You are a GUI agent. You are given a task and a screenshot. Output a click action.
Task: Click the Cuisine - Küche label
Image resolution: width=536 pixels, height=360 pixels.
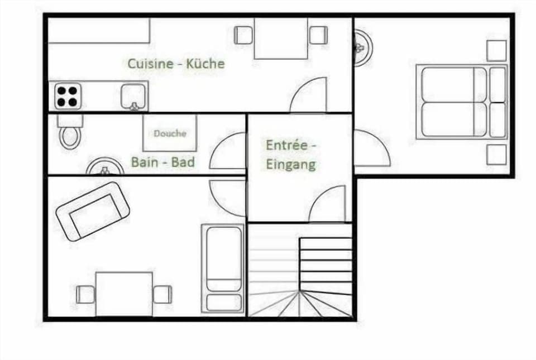pos(176,64)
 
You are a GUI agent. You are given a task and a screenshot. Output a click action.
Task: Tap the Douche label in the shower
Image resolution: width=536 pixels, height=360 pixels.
pos(170,133)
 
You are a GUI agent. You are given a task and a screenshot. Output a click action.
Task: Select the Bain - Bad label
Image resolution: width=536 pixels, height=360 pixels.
pos(162,162)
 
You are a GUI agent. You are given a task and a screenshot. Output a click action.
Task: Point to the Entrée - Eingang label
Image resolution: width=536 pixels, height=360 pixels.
pos(291,155)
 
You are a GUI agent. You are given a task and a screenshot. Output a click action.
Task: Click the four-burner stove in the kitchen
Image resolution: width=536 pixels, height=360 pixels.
pos(67,96)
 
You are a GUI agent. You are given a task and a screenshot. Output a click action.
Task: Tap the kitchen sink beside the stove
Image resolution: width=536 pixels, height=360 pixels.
pos(134,97)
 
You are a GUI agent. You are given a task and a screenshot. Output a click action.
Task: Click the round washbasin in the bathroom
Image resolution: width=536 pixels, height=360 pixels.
pos(104,167)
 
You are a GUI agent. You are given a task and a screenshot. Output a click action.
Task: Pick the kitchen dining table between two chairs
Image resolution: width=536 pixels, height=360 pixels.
pos(281,37)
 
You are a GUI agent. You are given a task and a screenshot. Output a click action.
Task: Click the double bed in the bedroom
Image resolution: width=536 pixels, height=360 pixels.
pos(461,102)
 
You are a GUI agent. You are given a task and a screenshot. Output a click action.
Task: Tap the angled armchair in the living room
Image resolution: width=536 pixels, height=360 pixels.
pos(92,211)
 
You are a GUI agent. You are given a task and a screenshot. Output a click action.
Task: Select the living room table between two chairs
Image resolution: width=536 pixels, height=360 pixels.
pos(124,294)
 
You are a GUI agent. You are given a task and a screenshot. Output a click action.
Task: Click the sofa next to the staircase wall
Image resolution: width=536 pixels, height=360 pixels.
pos(223,268)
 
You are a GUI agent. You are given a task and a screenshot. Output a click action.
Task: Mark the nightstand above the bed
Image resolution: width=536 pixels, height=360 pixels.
pos(496,50)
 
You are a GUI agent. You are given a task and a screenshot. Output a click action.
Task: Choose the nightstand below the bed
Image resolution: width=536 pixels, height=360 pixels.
pos(496,155)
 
